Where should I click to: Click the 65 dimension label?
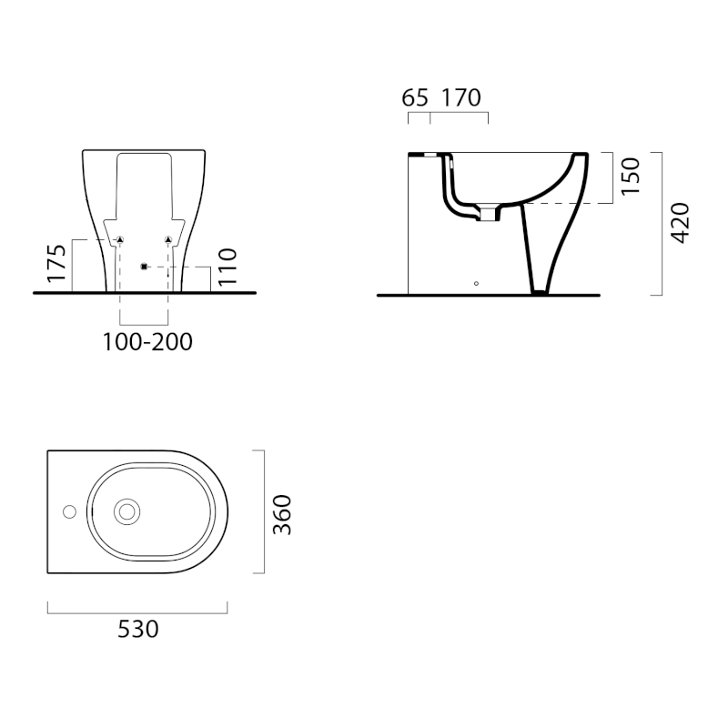tap(415, 97)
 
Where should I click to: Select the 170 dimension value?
tap(460, 97)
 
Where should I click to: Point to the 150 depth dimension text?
tap(631, 176)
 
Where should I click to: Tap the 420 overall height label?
tap(680, 222)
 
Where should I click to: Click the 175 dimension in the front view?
tap(57, 263)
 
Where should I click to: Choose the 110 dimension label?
tap(227, 268)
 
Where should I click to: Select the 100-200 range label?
tap(147, 342)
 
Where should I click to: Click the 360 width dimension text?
tap(282, 514)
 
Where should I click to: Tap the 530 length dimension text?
tap(139, 628)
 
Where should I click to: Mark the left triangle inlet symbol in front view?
tap(120, 240)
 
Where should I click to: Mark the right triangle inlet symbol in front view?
tap(168, 240)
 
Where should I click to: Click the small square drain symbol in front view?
tap(144, 266)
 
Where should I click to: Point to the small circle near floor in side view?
tap(476, 283)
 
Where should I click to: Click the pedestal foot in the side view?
tap(540, 291)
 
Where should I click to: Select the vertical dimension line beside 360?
tap(264, 512)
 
